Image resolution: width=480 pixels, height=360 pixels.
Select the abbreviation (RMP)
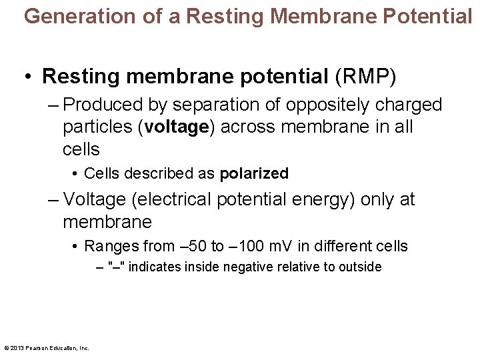pyautogui.click(x=366, y=76)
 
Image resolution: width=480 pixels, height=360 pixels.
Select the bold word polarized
pyautogui.click(x=254, y=174)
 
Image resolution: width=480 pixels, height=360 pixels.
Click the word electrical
pyautogui.click(x=179, y=199)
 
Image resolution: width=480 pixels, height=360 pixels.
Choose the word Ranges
pyautogui.click(x=111, y=247)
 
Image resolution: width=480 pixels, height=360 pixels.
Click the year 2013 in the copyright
pyautogui.click(x=17, y=348)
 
